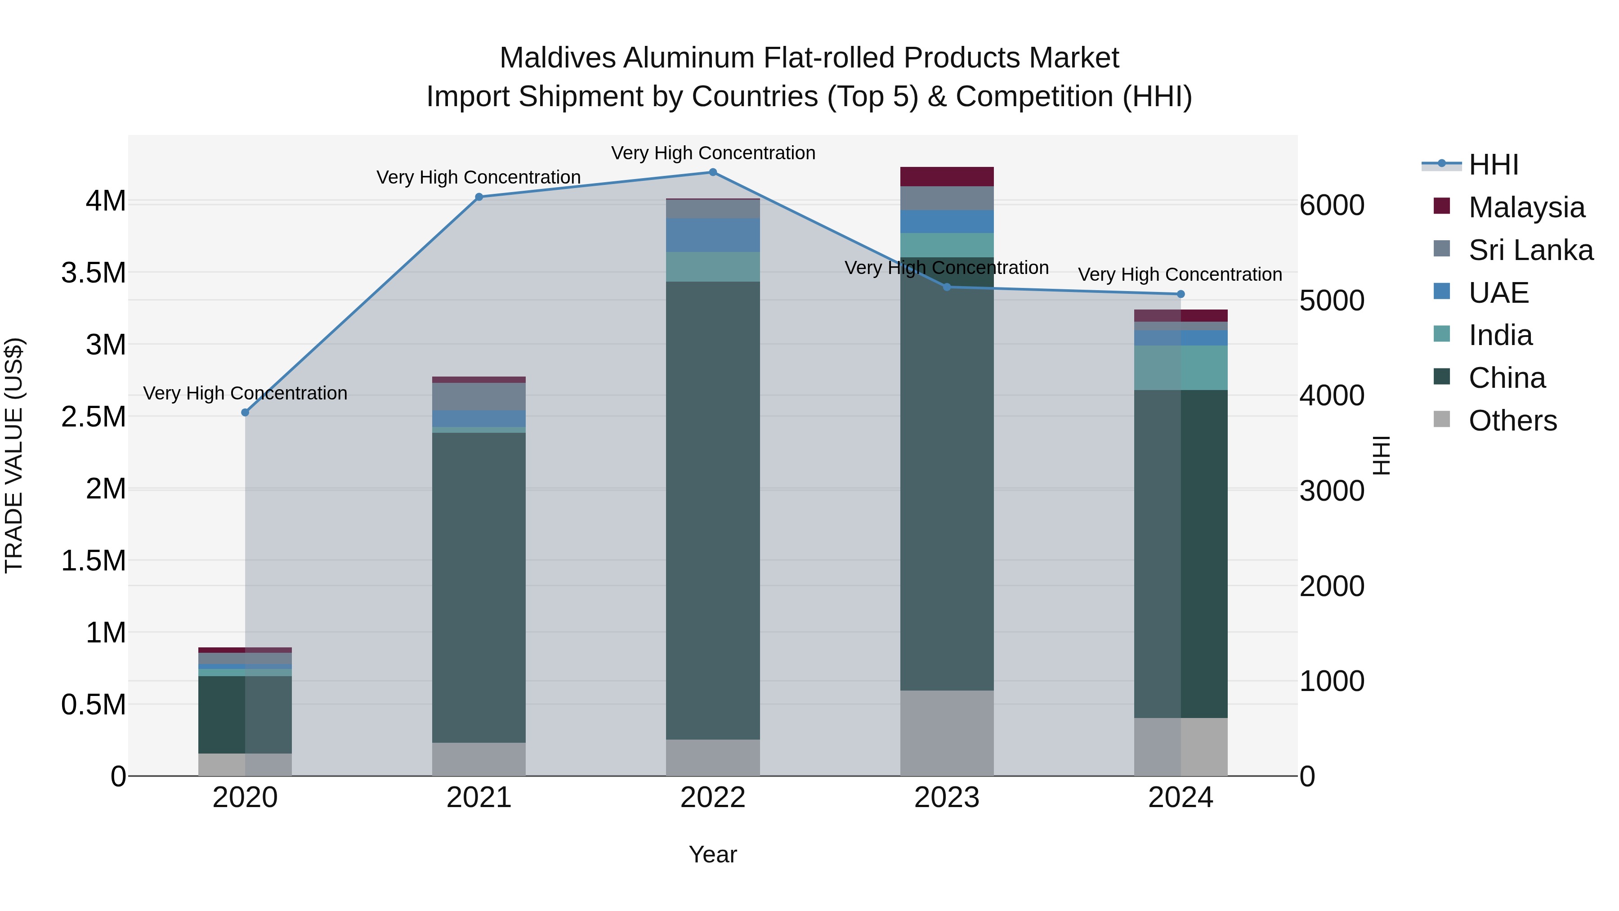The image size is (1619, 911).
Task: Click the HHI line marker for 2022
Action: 713,172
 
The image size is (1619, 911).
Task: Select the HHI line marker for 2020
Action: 245,413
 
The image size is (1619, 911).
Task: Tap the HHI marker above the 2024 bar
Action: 1181,294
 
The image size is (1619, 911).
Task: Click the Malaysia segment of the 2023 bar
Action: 947,177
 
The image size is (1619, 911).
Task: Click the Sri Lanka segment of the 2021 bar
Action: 479,397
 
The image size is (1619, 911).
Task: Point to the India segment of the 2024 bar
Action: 1181,368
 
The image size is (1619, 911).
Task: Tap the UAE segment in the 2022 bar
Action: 713,235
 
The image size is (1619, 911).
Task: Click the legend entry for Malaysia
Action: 1526,207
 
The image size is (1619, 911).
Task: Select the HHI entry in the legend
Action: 1493,165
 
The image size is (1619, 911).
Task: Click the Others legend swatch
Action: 1442,419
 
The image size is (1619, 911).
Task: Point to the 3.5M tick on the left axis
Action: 94,273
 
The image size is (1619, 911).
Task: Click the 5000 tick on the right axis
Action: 1332,301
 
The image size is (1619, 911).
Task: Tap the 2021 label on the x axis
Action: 479,798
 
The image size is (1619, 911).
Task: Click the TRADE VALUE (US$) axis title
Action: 14,455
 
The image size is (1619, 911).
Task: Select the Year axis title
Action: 713,854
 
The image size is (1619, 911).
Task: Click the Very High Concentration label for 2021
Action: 479,177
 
